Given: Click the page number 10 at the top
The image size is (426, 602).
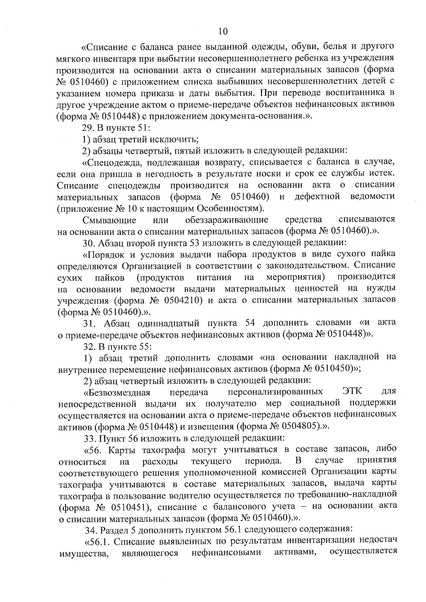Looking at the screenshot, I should click(223, 32).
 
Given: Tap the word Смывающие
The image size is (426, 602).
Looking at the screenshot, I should click(109, 220).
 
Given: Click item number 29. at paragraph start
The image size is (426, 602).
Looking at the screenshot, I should click(88, 128).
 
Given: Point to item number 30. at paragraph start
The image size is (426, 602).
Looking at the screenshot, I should click(88, 243).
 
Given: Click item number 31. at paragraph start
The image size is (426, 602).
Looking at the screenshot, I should click(91, 323).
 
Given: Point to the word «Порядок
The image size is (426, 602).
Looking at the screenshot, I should click(102, 255).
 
